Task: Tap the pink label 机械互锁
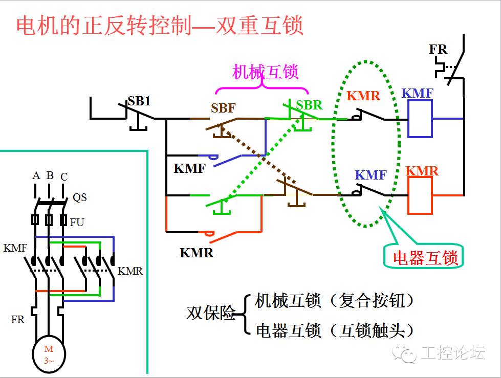coord(265,72)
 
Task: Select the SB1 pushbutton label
coord(139,101)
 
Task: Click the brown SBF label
coord(223,108)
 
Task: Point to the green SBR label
coord(310,105)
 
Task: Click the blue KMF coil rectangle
coord(420,119)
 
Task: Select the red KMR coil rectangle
coord(420,196)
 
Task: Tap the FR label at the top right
coord(438,50)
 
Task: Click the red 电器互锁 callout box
coord(424,258)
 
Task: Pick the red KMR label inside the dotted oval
coord(363,96)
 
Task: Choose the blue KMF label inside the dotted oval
coord(371,175)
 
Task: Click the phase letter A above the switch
coord(36,175)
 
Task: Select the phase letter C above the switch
coord(64,177)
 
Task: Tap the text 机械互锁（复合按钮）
coord(334,300)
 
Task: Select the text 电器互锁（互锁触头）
coord(334,330)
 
